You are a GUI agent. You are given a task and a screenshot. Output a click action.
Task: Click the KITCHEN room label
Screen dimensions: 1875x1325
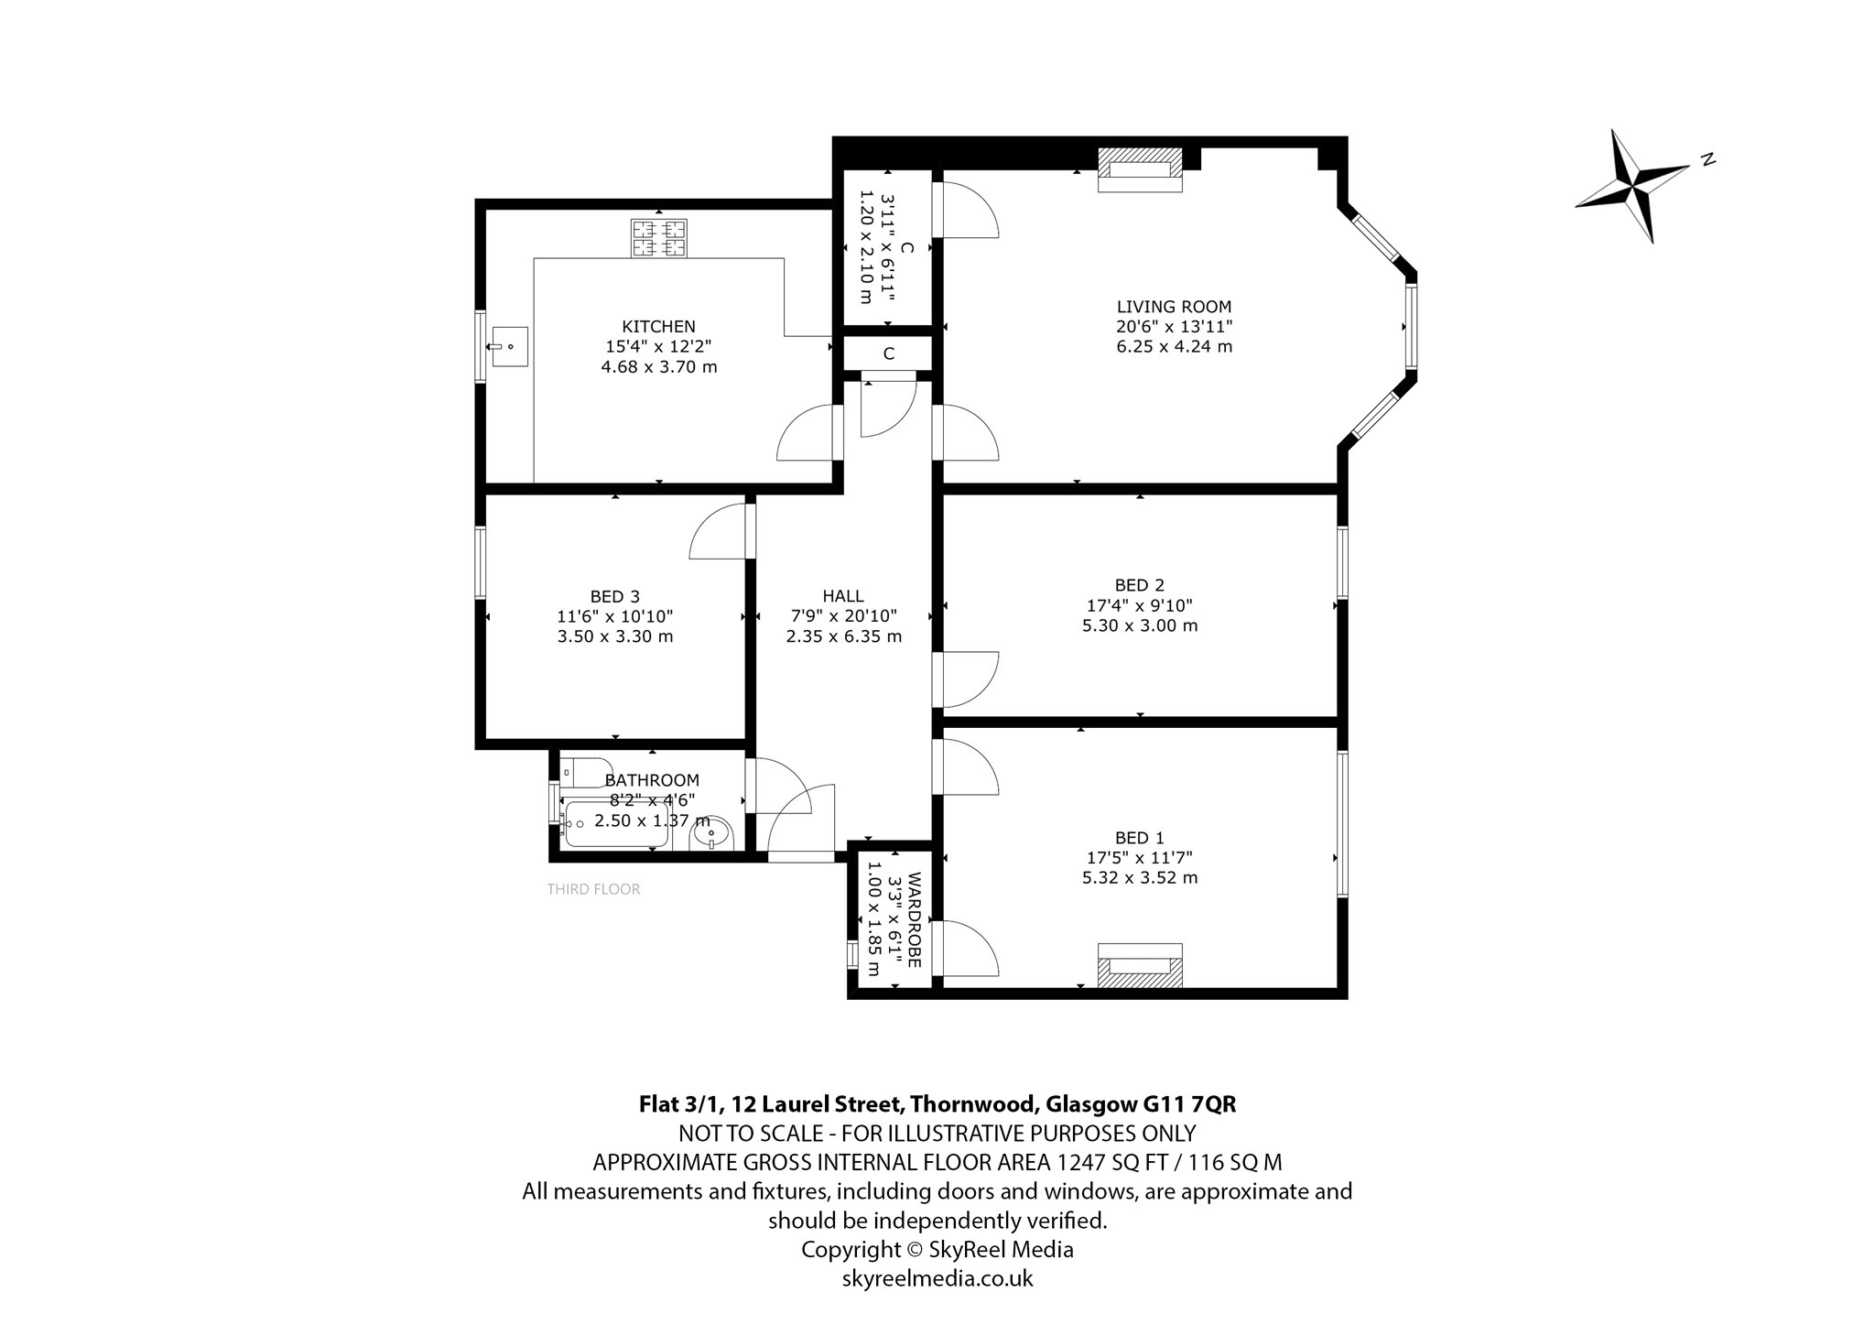658,326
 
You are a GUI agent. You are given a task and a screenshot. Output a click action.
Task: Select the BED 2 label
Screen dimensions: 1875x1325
1140,585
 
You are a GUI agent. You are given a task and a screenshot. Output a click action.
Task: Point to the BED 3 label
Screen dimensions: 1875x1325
615,597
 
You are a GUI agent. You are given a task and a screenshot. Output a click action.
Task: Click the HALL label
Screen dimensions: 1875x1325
843,596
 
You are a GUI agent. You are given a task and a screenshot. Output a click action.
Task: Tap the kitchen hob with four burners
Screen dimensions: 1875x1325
658,237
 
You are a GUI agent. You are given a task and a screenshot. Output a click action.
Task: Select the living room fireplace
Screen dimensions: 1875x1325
1141,169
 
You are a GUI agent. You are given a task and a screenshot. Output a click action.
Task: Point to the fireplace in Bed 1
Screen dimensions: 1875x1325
1141,965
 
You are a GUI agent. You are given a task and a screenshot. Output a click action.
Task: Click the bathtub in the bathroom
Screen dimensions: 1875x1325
616,824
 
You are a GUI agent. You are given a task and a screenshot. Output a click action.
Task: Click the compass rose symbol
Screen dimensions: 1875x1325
1632,186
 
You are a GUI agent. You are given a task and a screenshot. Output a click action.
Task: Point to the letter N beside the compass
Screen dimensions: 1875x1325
1707,159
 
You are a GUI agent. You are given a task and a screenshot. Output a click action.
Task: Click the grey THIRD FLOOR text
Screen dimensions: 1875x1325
593,889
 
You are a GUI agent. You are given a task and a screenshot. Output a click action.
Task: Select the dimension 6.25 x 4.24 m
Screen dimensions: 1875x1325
1174,347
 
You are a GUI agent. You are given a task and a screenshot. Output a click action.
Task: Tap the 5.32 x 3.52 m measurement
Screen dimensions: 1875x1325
1140,877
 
